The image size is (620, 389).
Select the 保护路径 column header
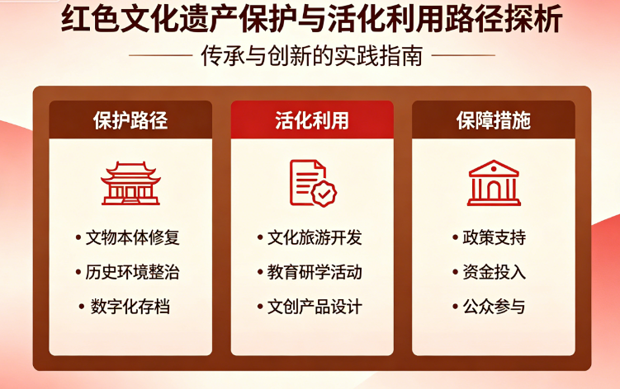point(130,120)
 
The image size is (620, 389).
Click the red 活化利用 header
point(312,120)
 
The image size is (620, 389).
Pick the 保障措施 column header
point(494,120)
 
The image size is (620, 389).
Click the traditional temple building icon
point(130,183)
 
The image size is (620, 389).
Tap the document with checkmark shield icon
point(312,183)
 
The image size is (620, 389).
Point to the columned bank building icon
point(494,183)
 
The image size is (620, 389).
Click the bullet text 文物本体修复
point(133,238)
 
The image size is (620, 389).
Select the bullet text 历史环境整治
point(133,273)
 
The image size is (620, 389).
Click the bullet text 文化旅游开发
point(315,238)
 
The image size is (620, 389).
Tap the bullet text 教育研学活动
point(315,273)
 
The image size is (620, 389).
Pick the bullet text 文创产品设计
point(315,307)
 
